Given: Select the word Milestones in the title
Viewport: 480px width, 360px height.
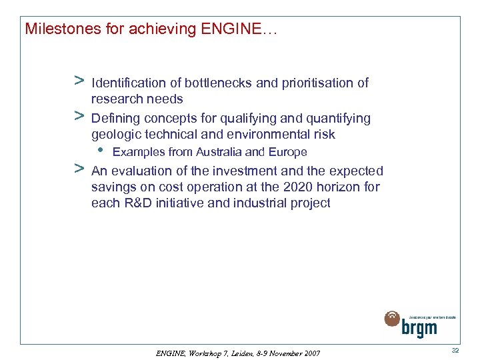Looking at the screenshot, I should point(56,29).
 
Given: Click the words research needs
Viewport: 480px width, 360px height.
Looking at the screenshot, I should point(137,99).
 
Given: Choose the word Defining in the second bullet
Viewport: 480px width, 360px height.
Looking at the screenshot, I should point(114,119).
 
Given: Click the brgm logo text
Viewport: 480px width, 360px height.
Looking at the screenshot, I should point(419,327).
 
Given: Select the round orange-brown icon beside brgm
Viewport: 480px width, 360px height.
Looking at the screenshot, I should point(392,319).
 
